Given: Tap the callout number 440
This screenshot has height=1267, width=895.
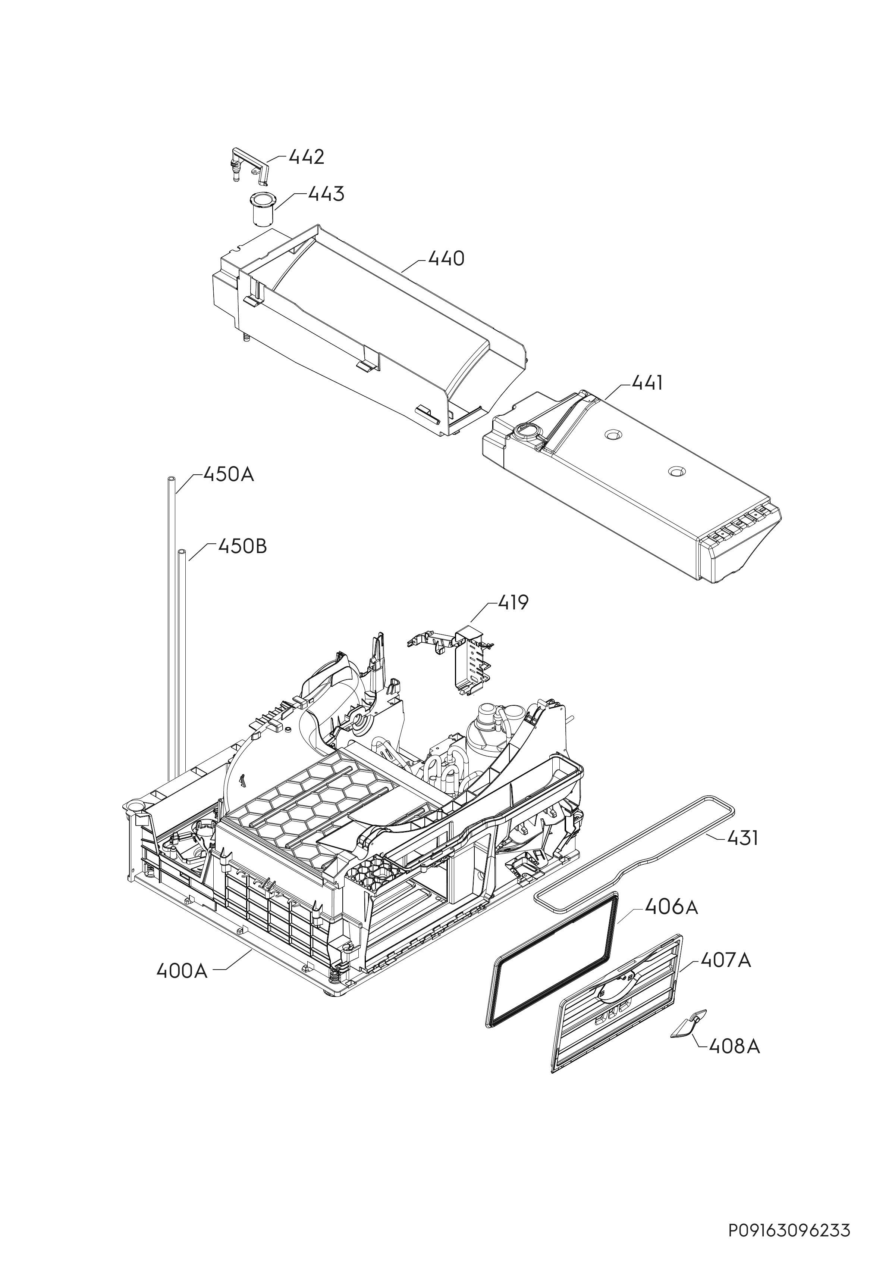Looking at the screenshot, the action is pos(446,258).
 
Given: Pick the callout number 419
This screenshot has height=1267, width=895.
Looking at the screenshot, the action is pos(513,603).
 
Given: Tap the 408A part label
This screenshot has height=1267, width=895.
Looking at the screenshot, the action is pos(735,1046).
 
